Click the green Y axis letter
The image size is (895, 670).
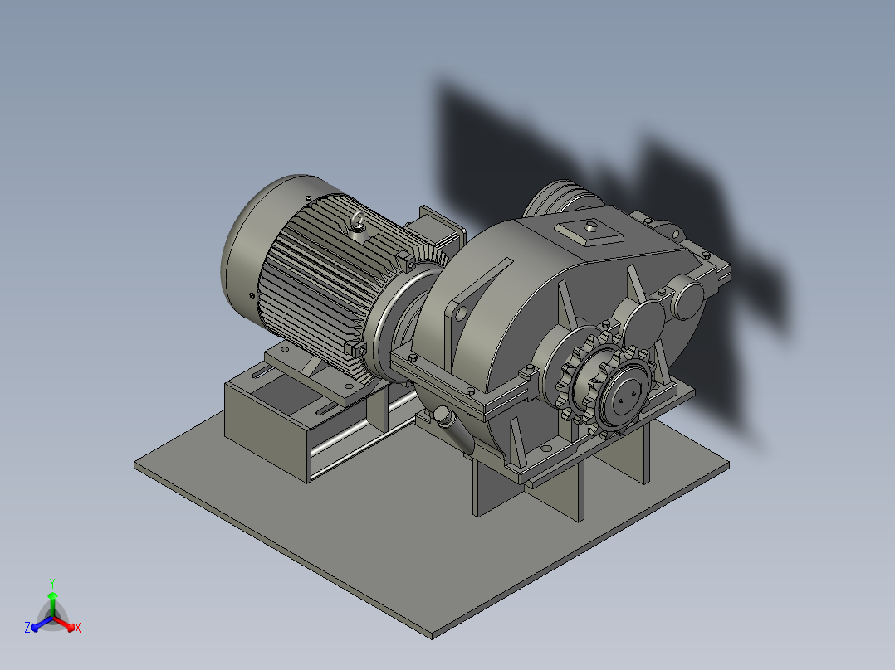pyautogui.click(x=51, y=583)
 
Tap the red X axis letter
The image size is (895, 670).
pyautogui.click(x=78, y=628)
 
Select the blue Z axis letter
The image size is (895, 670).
pyautogui.click(x=27, y=628)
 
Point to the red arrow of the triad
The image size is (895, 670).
pyautogui.click(x=66, y=623)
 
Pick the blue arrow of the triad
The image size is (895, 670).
pyautogui.click(x=38, y=623)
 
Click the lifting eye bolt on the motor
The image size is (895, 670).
pyautogui.click(x=358, y=222)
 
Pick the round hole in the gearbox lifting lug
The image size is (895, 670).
pyautogui.click(x=457, y=313)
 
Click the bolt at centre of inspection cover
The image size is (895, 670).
pyautogui.click(x=591, y=224)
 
